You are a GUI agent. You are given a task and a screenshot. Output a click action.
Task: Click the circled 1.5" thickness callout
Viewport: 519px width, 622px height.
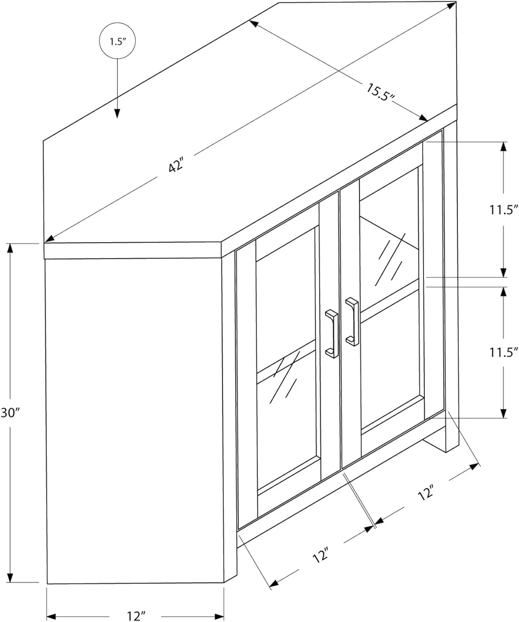coord(117,41)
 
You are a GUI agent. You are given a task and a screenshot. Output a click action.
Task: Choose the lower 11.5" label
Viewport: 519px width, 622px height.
coord(503,352)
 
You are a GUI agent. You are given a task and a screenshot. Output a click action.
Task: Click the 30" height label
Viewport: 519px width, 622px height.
coord(10,413)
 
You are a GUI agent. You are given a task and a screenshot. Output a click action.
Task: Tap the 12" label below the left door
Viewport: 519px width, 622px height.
coord(320,555)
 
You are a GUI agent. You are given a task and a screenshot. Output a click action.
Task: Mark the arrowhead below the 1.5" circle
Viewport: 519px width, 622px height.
coord(117,113)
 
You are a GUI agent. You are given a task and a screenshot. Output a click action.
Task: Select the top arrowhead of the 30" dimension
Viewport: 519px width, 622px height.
coord(11,248)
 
